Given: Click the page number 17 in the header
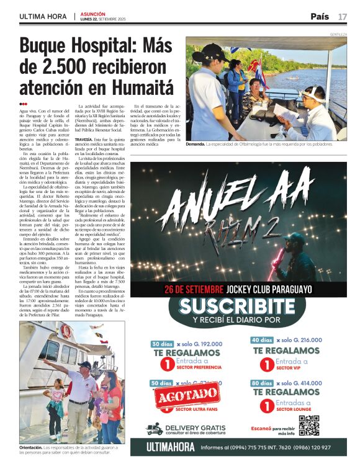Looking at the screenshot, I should (343, 16).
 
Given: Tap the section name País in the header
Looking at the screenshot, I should (320, 16).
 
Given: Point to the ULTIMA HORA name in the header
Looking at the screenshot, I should (43, 16).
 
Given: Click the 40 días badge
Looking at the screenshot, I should (263, 340).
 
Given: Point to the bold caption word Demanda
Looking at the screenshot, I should (194, 144).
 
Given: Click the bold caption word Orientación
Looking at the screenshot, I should (30, 447).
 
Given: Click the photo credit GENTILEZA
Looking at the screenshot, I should (338, 35).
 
